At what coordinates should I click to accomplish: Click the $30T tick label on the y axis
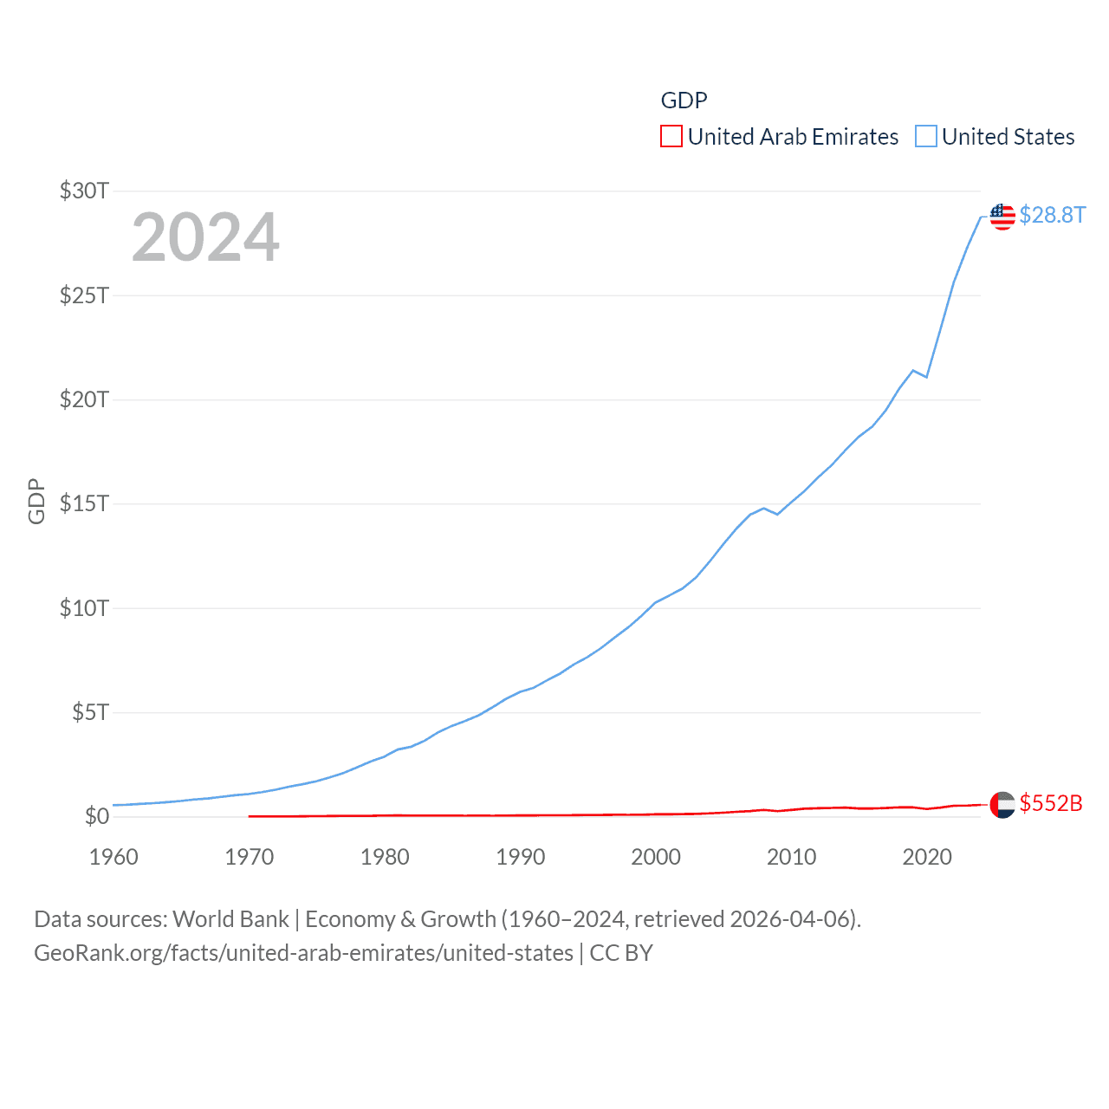point(84,191)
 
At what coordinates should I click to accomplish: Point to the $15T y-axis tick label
point(84,503)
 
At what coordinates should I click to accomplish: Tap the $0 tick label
point(97,816)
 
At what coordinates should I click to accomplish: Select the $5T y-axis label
point(90,712)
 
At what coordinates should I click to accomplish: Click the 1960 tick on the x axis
point(113,857)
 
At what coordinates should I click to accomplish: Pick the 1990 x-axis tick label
point(521,857)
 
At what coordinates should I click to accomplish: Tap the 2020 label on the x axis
point(927,857)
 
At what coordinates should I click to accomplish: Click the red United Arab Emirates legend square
point(671,137)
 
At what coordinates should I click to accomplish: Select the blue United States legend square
point(926,137)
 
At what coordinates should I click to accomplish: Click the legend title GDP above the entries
point(684,101)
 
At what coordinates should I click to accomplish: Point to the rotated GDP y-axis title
point(36,502)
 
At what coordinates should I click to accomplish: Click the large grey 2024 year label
point(205,237)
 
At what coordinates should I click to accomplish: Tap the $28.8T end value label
point(1052,215)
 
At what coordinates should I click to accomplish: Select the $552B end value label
point(1051,803)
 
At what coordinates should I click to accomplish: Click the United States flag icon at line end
point(1002,217)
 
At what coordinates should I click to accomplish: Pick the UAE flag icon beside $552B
point(1002,805)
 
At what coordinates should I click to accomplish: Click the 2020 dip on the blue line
point(927,377)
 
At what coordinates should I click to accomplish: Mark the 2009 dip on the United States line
point(777,515)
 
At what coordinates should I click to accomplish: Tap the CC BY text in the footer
point(621,953)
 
